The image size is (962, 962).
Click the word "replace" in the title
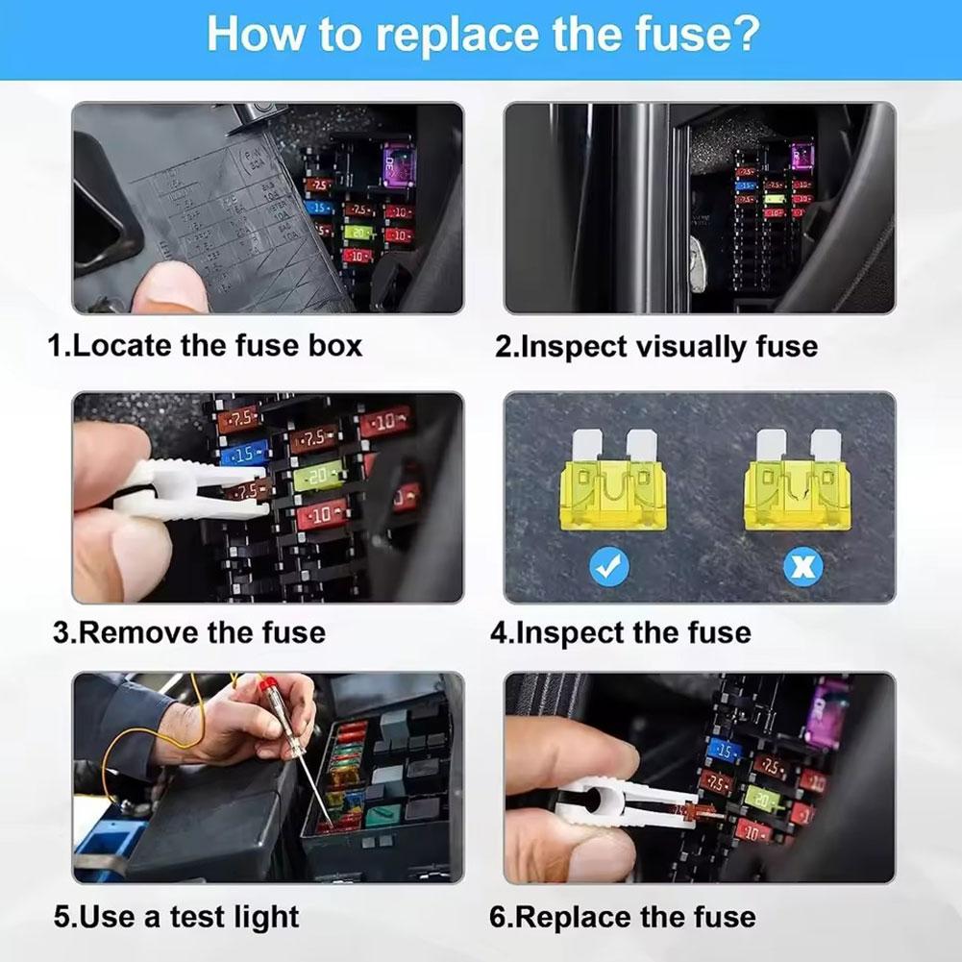pos(467,35)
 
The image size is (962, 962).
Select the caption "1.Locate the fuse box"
pos(206,345)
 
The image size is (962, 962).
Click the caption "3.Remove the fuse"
pos(189,632)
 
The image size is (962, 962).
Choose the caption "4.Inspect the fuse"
pos(621,632)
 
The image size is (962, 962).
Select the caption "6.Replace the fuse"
pos(623,917)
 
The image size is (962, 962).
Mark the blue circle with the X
pos(802,566)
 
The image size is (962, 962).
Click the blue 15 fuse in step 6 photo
pos(724,751)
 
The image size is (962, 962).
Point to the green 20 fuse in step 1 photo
pos(358,233)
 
